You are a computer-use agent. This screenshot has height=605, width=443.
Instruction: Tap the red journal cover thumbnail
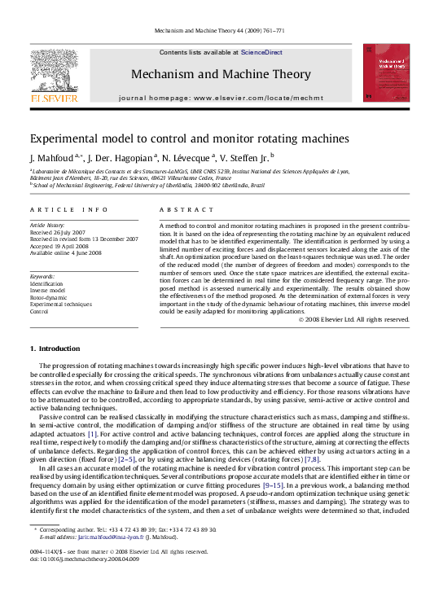point(386,72)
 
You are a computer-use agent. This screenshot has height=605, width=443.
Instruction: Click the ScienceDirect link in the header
point(261,52)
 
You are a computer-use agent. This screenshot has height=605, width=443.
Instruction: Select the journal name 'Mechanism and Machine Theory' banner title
point(221,74)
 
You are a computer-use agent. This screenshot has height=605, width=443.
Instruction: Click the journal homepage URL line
point(221,97)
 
